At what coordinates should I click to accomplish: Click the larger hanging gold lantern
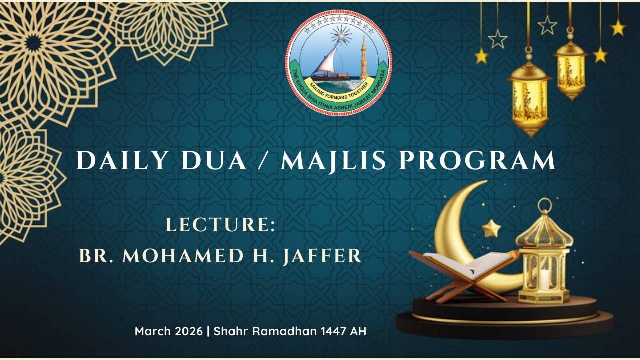[529, 97]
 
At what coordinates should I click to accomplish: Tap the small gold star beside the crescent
[491, 229]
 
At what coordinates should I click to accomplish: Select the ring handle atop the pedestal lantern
[545, 206]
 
